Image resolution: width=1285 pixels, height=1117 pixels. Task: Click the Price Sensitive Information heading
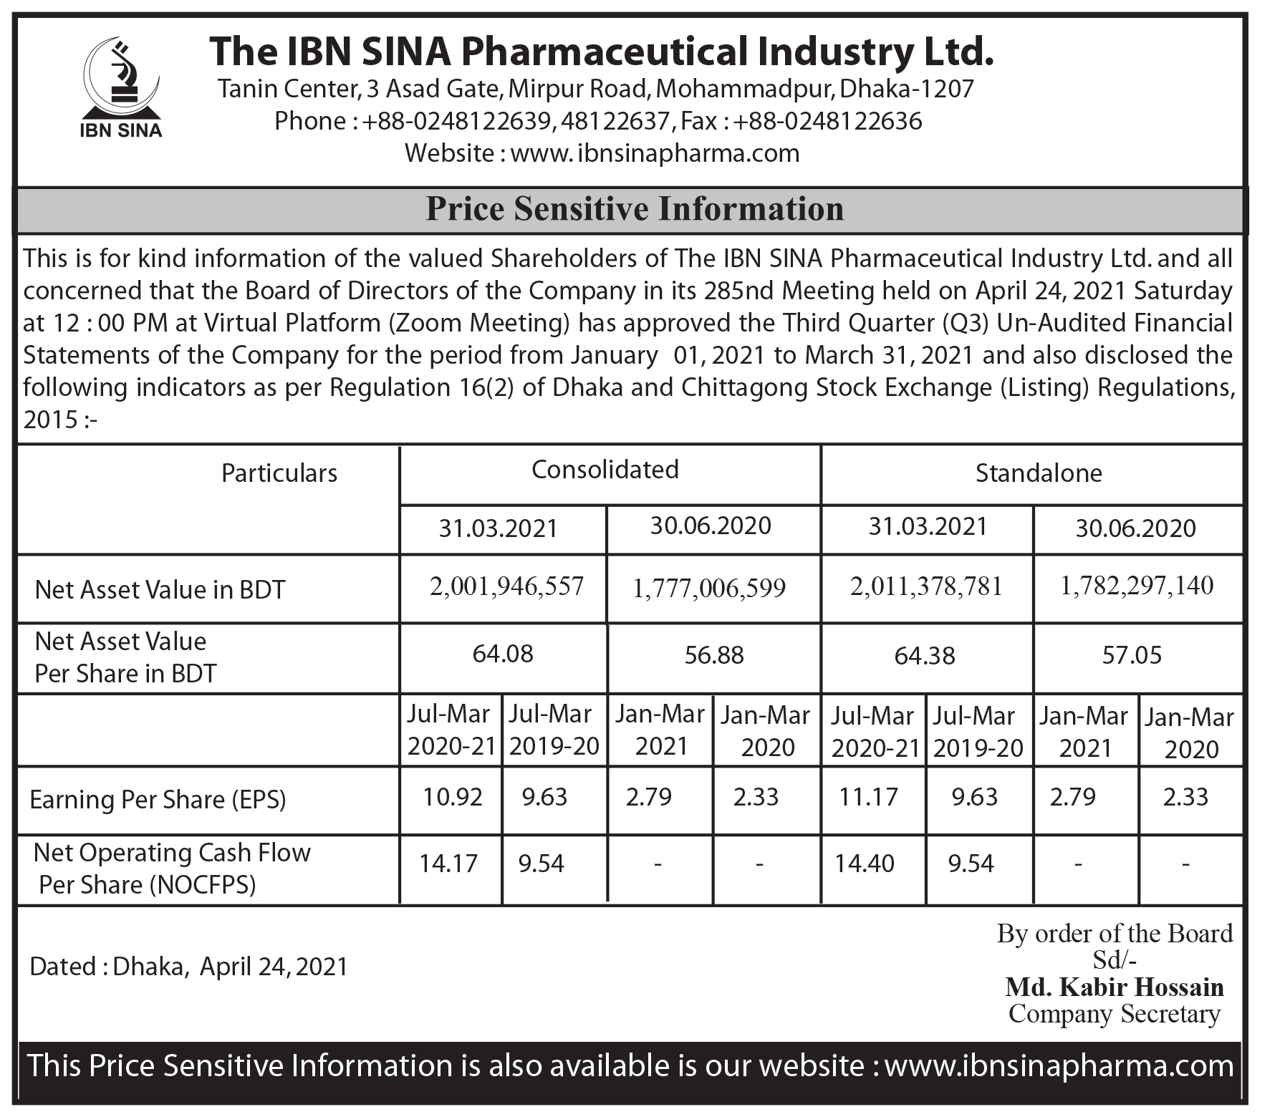[x=635, y=209]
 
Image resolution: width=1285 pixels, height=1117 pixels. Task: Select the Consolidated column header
[x=605, y=470]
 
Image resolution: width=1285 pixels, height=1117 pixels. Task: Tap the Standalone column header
[x=1038, y=473]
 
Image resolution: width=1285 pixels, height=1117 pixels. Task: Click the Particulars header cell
[x=279, y=473]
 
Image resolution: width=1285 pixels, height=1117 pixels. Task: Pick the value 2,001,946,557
[x=506, y=586]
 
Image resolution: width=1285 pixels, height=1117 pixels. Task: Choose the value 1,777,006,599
[x=709, y=589]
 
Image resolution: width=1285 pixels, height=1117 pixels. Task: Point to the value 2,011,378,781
[x=926, y=586]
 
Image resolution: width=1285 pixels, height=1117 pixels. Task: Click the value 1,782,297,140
[x=1137, y=586]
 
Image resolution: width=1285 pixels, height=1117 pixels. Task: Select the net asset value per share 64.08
[x=503, y=654]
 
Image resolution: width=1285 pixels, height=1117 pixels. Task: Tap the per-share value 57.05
[x=1132, y=655]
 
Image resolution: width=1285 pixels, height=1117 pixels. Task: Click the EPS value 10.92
[x=452, y=797]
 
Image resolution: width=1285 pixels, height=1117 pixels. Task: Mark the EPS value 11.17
[x=868, y=797]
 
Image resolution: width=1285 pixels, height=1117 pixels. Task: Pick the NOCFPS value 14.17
[x=448, y=864]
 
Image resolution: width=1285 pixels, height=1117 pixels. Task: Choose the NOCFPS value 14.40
[x=865, y=864]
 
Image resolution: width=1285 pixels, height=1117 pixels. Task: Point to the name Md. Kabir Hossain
[x=1115, y=987]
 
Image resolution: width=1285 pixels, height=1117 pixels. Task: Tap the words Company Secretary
[x=1115, y=1014]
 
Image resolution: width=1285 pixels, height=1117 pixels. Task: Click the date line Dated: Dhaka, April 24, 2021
[x=188, y=967]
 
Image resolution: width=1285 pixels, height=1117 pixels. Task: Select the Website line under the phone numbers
[x=602, y=153]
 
